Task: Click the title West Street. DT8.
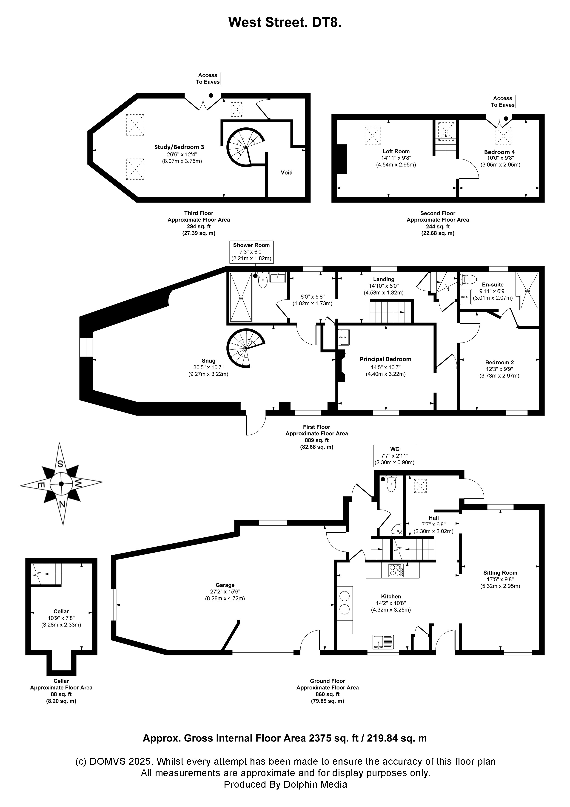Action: coord(285,22)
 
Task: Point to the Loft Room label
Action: coord(396,152)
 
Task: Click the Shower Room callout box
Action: coord(251,252)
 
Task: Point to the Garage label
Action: coord(225,585)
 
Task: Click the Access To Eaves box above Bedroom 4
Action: coord(503,102)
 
